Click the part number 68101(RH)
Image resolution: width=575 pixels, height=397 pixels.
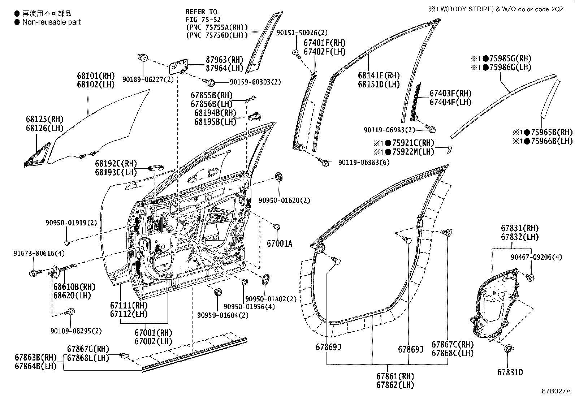[95, 76]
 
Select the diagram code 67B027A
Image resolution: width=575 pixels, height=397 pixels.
[556, 391]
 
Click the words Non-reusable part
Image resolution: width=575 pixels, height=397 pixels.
[51, 22]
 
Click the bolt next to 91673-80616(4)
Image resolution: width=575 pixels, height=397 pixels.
[34, 272]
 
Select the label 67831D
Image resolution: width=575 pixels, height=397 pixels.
[510, 372]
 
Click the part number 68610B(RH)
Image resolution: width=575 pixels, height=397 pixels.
[74, 287]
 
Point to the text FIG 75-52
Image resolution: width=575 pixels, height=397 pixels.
[203, 20]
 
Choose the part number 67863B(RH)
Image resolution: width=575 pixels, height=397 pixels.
[36, 357]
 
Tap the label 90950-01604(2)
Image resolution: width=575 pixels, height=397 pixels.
[223, 315]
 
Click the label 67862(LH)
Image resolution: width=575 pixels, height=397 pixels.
[395, 385]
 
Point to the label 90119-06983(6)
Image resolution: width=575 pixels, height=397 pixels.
[364, 163]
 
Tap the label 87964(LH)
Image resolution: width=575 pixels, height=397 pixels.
[224, 68]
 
